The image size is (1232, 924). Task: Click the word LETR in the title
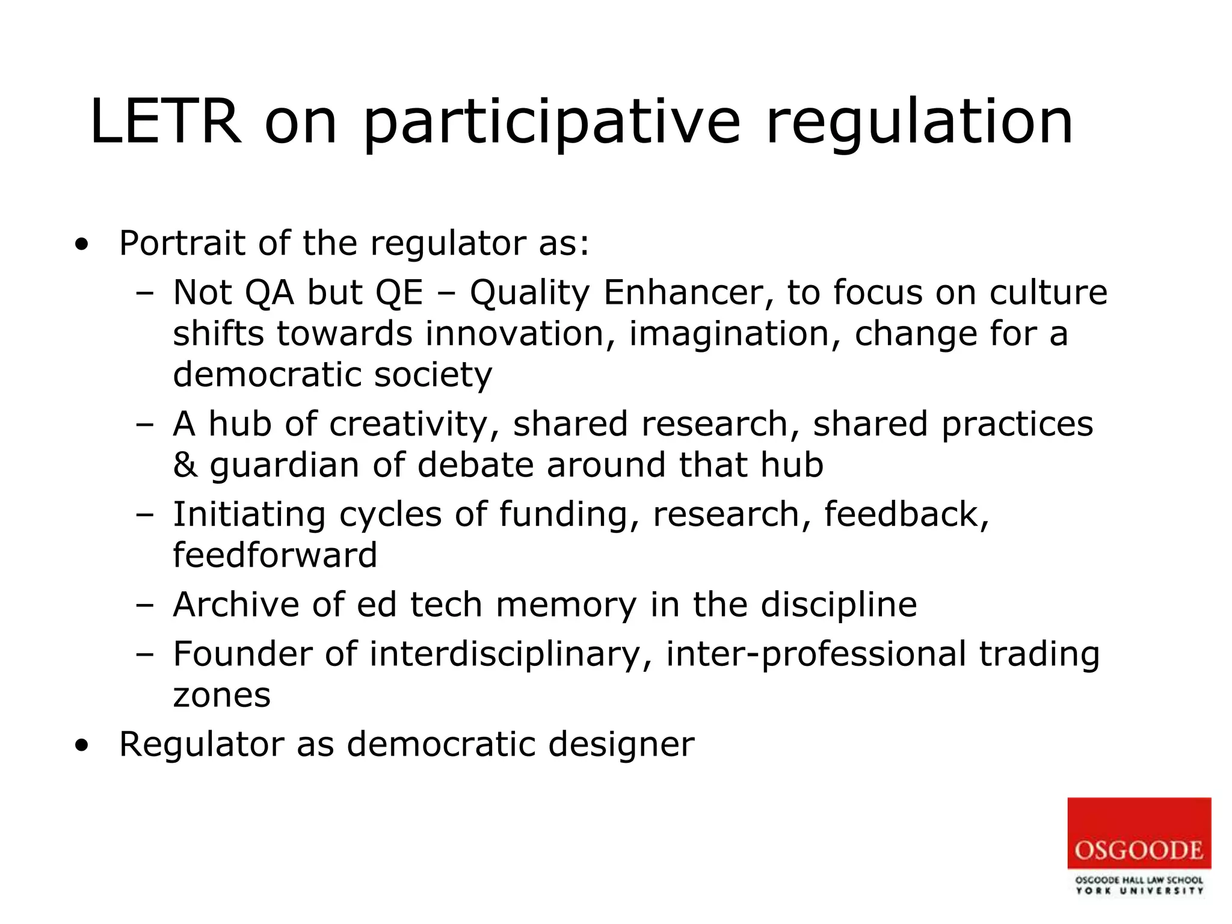tap(165, 122)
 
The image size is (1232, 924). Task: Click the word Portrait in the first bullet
tap(182, 244)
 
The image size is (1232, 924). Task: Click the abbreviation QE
tap(399, 293)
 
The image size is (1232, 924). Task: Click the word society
tap(433, 375)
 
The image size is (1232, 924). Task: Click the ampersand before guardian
tap(185, 465)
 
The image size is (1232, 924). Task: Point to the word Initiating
tap(249, 514)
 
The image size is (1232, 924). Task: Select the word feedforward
tap(275, 555)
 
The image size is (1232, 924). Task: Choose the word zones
tap(221, 695)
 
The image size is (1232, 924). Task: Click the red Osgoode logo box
tap(1139, 833)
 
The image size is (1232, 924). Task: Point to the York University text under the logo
tap(1139, 891)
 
